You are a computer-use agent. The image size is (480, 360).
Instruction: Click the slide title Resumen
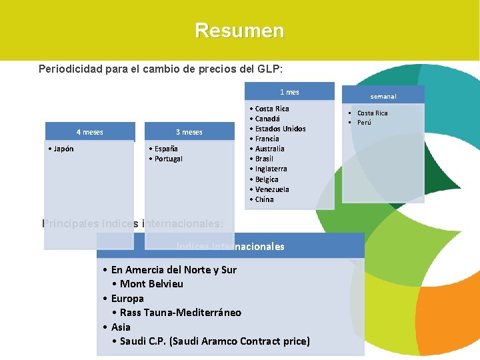239,31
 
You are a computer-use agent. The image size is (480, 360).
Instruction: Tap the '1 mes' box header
289,92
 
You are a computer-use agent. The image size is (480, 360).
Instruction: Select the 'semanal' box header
383,96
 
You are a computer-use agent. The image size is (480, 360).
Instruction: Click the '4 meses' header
89,132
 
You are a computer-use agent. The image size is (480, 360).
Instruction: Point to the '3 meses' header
189,132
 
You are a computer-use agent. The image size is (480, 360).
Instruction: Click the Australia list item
269,149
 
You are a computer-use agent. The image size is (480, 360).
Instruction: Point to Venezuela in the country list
272,189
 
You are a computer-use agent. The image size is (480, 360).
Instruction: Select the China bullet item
264,199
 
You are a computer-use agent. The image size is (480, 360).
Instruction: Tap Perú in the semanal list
364,123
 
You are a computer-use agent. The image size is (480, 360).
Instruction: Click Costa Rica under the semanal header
372,113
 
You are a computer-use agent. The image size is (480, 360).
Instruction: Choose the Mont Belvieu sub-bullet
151,284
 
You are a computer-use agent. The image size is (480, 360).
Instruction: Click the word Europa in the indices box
127,299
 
